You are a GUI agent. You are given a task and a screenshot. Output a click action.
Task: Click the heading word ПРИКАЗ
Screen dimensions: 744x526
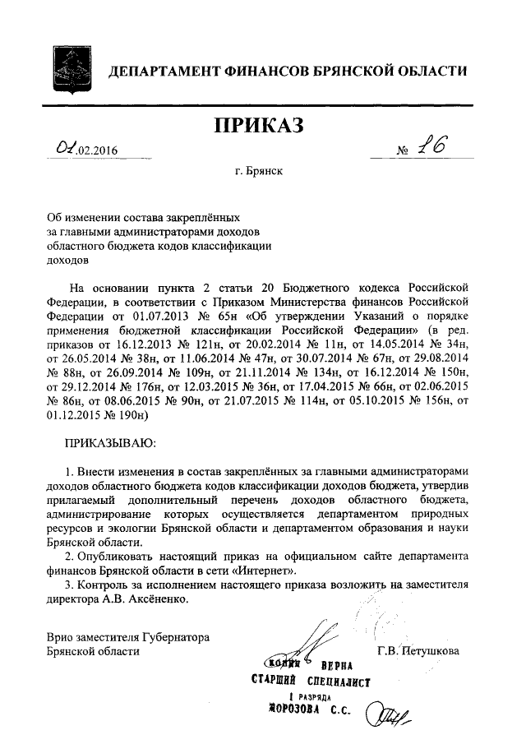(x=259, y=125)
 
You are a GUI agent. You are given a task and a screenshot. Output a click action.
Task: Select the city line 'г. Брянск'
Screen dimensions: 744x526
(x=258, y=172)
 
